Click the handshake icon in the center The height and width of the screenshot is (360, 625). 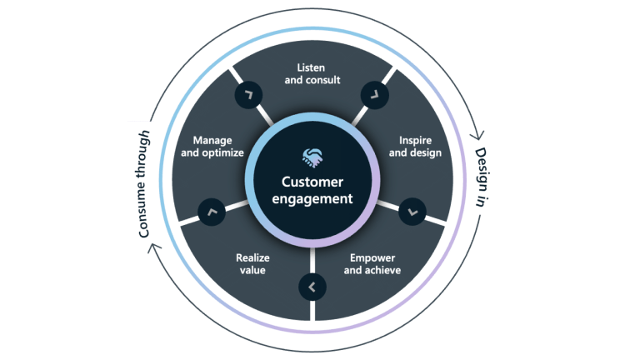click(312, 157)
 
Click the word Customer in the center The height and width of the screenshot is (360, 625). click(312, 182)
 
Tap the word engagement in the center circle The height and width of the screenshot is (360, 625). click(312, 198)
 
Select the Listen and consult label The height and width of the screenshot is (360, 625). click(312, 74)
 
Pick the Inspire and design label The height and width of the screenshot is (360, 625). click(415, 147)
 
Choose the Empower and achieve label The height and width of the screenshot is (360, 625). click(372, 264)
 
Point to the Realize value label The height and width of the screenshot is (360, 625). click(252, 264)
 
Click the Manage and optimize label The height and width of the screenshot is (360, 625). click(212, 147)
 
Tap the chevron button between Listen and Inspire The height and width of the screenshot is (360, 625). click(375, 95)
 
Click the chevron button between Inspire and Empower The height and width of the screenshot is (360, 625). click(412, 212)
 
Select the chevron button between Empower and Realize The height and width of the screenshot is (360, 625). click(312, 287)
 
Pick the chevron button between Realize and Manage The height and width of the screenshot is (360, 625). click(212, 212)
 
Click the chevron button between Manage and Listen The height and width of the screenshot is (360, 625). click(248, 94)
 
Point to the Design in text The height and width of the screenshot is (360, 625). click(481, 177)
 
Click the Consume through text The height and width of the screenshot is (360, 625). click(143, 184)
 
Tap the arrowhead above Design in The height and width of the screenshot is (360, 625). click(477, 135)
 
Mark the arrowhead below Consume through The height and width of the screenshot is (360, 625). click(154, 248)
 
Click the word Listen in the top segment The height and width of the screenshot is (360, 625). click(311, 67)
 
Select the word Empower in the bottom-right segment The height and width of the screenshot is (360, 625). click(372, 258)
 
